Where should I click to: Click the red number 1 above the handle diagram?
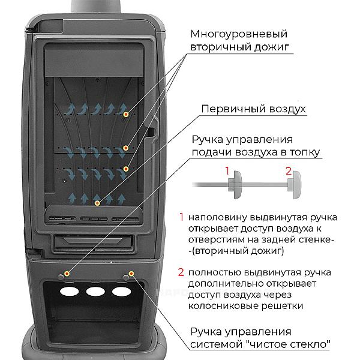tap(228, 171)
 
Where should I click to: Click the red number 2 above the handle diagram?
tap(289, 171)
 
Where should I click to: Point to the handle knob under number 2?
tap(296, 186)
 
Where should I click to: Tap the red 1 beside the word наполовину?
tap(181, 217)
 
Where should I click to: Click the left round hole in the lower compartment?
tap(68, 292)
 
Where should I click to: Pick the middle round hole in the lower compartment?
tap(94, 292)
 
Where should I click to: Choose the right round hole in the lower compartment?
tap(121, 292)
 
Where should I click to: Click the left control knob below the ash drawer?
tap(65, 274)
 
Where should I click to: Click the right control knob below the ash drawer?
tap(129, 274)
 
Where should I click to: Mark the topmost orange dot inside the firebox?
tap(125, 113)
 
